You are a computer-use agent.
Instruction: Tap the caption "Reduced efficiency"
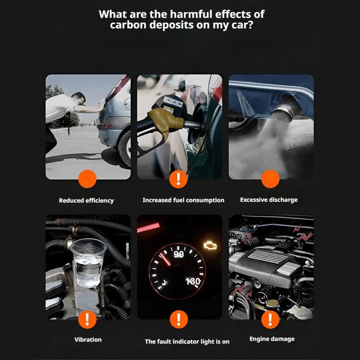tap(86, 201)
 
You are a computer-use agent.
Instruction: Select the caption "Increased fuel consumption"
tap(183, 200)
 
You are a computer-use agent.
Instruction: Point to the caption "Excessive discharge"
tap(269, 200)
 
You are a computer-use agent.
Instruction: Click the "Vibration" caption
tap(88, 340)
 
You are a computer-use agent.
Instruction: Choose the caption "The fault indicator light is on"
tap(187, 342)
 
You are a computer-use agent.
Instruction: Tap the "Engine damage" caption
tap(272, 339)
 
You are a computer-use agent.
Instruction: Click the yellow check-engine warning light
tap(210, 246)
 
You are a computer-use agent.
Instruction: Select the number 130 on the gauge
tap(193, 281)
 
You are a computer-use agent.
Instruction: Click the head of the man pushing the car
tap(78, 98)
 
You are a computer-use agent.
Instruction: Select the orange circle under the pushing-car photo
tap(87, 179)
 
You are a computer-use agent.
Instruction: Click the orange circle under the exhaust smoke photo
tap(270, 179)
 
